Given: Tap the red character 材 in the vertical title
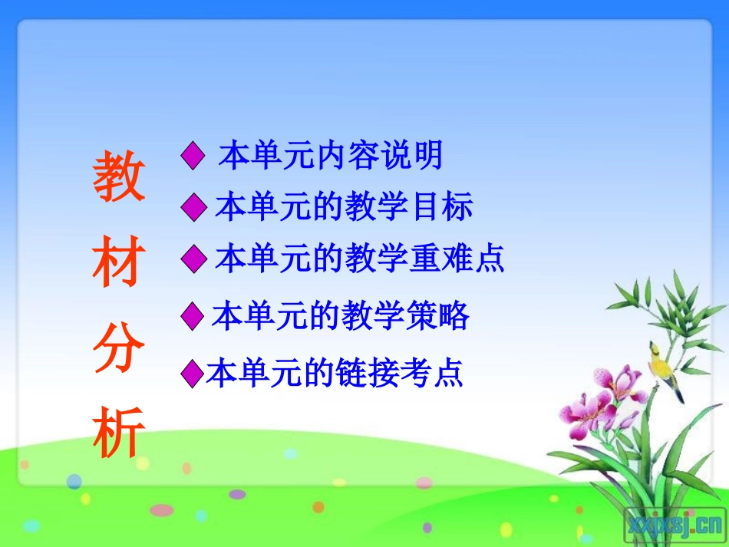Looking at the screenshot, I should coord(119,265).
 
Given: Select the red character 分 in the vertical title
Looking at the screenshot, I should coord(119,351).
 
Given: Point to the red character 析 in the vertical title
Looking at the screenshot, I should coord(119,436).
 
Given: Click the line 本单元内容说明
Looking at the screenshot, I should coord(331,156).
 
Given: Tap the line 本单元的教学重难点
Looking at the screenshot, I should coord(360,259).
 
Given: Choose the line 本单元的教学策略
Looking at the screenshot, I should coord(341,316).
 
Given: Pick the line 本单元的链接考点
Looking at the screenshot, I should coord(335,374).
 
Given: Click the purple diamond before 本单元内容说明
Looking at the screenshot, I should coord(193,157).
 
